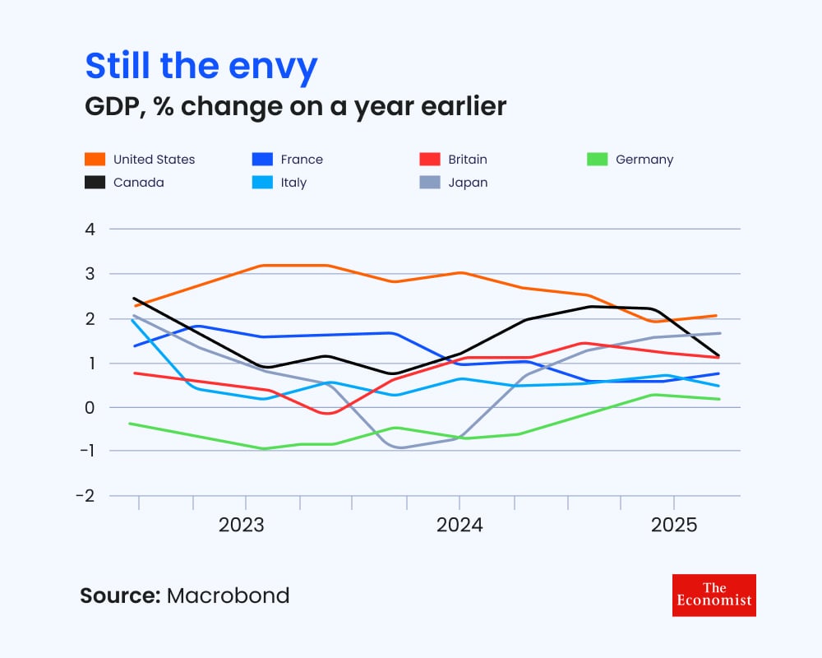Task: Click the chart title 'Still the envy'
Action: tap(201, 66)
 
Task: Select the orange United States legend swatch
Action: tap(95, 160)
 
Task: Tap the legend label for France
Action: tap(302, 160)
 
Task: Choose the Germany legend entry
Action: tap(644, 160)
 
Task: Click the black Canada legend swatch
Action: tap(95, 183)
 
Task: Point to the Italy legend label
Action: tap(293, 183)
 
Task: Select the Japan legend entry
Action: tap(468, 183)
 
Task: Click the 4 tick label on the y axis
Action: tap(90, 229)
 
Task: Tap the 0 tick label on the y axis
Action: tap(90, 407)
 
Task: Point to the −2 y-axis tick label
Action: tap(86, 496)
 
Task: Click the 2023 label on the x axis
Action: tap(242, 525)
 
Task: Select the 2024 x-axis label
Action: tap(459, 525)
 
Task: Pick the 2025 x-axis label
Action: tap(673, 525)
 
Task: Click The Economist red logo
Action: tap(713, 595)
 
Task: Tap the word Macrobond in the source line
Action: tap(229, 595)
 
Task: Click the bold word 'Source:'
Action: tap(119, 595)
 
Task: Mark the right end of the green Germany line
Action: tap(719, 399)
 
